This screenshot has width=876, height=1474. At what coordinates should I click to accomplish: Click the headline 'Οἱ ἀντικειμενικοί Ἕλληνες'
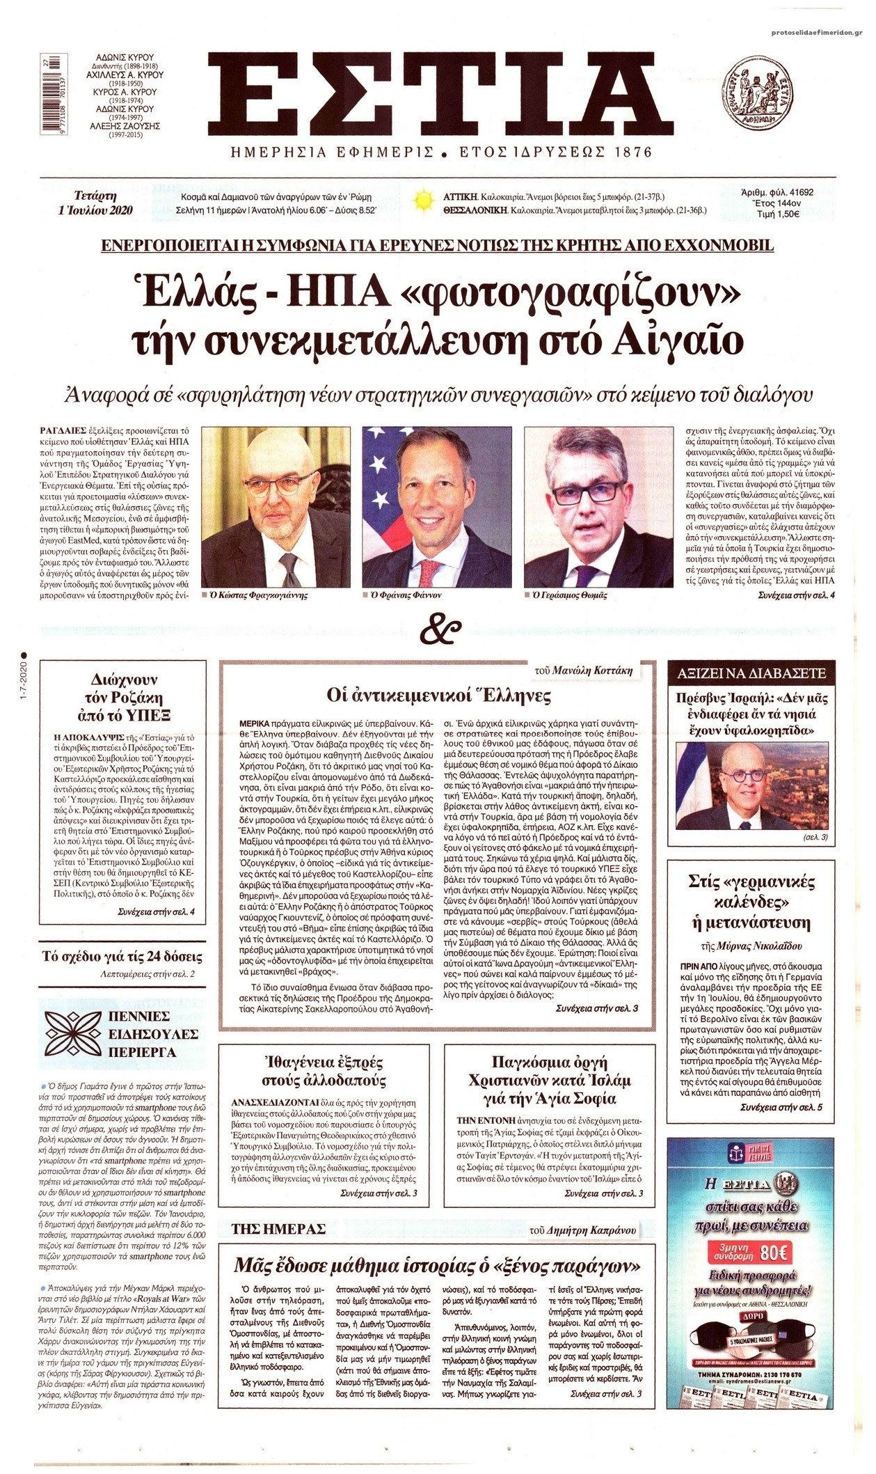438,695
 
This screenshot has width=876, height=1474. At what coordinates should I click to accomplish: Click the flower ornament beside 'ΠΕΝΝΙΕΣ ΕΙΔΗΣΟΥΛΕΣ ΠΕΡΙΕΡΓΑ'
75,1033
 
